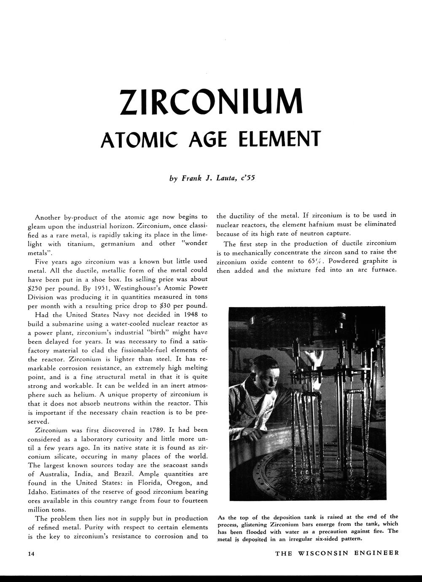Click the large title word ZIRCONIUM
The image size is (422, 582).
coord(211,101)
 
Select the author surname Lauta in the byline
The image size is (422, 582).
coord(226,178)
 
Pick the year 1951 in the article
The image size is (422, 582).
coord(105,288)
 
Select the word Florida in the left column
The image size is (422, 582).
coord(146,483)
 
